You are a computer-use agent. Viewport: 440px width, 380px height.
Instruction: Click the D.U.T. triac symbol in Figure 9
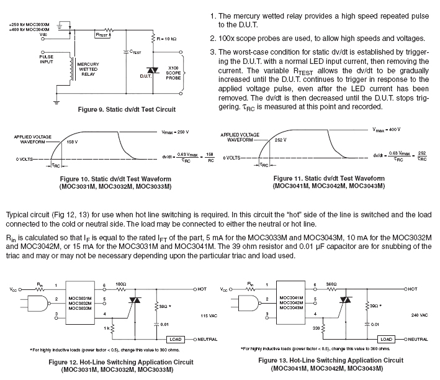(x=153, y=71)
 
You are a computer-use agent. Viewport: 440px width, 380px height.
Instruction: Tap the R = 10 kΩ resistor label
(x=166, y=38)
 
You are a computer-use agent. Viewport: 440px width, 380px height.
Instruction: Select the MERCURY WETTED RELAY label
(x=88, y=70)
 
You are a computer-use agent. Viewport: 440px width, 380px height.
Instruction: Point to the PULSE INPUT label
(x=47, y=59)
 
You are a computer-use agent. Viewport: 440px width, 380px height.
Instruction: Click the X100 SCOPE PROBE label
(x=173, y=73)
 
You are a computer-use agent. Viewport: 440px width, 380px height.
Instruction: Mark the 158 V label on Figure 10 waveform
(x=72, y=142)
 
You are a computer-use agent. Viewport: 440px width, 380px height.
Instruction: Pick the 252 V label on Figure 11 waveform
(x=281, y=140)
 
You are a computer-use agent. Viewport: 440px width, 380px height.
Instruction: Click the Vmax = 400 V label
(x=387, y=130)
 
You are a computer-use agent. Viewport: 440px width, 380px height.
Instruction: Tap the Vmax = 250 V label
(x=175, y=132)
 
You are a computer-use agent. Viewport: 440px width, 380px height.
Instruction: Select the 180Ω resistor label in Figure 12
(x=120, y=284)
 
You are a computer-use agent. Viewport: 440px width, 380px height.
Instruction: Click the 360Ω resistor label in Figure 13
(x=331, y=284)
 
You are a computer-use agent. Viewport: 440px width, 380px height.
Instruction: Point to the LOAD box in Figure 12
(x=176, y=339)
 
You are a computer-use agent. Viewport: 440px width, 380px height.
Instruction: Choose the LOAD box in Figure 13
(x=386, y=339)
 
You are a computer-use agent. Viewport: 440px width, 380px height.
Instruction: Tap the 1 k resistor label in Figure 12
(x=107, y=328)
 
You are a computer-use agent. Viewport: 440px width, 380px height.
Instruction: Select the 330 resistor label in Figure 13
(x=316, y=328)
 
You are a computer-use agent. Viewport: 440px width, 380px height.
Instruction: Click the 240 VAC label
(x=420, y=315)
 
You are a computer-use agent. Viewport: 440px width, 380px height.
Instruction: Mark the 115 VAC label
(x=209, y=315)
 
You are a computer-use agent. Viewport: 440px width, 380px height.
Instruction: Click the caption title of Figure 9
(x=127, y=109)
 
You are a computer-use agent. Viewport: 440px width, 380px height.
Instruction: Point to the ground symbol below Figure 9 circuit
(x=56, y=102)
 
